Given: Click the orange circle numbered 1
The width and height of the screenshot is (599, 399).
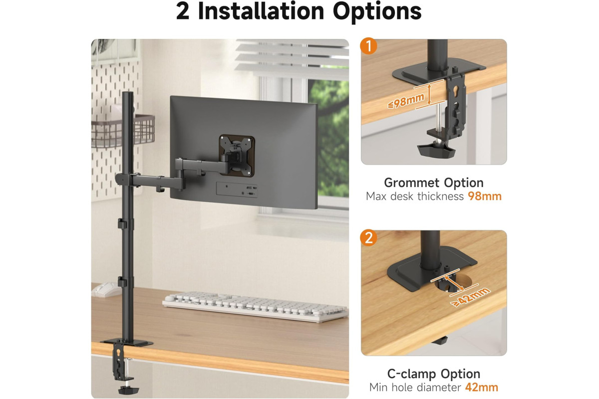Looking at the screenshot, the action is coord(368,46).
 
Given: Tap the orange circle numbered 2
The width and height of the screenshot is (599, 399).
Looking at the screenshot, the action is coord(368,237).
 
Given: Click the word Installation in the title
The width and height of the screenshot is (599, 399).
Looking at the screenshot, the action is coord(261,11).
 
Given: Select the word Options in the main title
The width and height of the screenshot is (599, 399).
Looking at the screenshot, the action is coord(377,12).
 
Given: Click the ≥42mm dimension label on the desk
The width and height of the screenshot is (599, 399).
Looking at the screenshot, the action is coord(470,297).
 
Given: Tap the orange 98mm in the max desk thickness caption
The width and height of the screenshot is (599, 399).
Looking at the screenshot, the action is coord(485,197).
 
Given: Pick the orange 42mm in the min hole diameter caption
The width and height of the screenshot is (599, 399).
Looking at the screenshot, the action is coord(482,387).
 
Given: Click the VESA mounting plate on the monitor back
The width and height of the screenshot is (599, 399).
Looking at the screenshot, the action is coord(237,155).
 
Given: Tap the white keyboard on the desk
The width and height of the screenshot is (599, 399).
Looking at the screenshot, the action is coord(256,306).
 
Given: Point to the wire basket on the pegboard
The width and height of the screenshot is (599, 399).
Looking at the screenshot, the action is coord(123,131).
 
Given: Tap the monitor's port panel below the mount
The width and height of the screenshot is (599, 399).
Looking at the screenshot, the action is coord(237,190).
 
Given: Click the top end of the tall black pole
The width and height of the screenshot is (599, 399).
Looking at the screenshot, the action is coord(128,92).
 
